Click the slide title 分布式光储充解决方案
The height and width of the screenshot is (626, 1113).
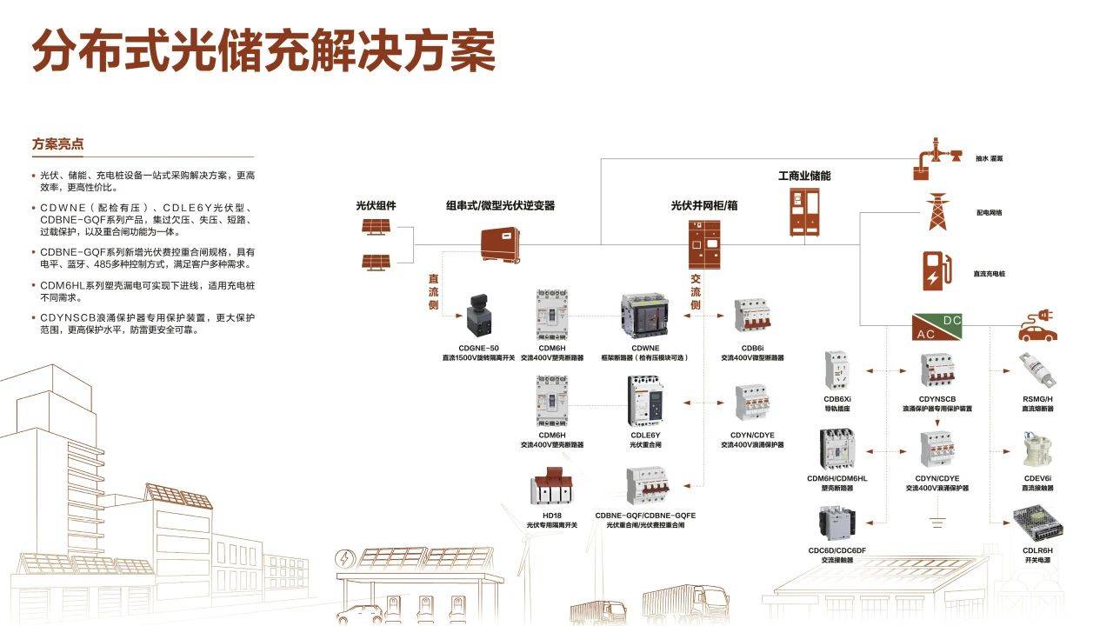pyautogui.click(x=263, y=50)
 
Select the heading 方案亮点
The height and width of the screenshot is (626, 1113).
pyautogui.click(x=57, y=144)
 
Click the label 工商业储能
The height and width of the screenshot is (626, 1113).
pyautogui.click(x=804, y=176)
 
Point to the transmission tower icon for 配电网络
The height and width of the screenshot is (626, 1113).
pyautogui.click(x=936, y=211)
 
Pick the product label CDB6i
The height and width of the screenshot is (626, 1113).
pyautogui.click(x=752, y=347)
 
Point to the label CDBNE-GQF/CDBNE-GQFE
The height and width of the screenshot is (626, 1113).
pyautogui.click(x=645, y=516)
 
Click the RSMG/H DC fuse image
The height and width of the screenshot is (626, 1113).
pyautogui.click(x=1037, y=371)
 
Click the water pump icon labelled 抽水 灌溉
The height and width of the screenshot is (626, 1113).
pyautogui.click(x=936, y=159)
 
